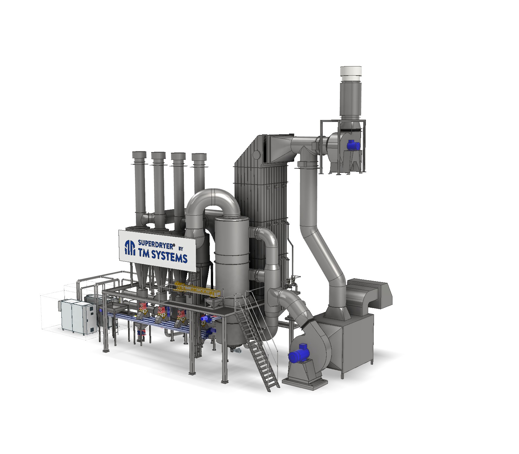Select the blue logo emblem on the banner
(x=130, y=248)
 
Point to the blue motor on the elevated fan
(x=353, y=145)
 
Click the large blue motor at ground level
(x=299, y=352)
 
